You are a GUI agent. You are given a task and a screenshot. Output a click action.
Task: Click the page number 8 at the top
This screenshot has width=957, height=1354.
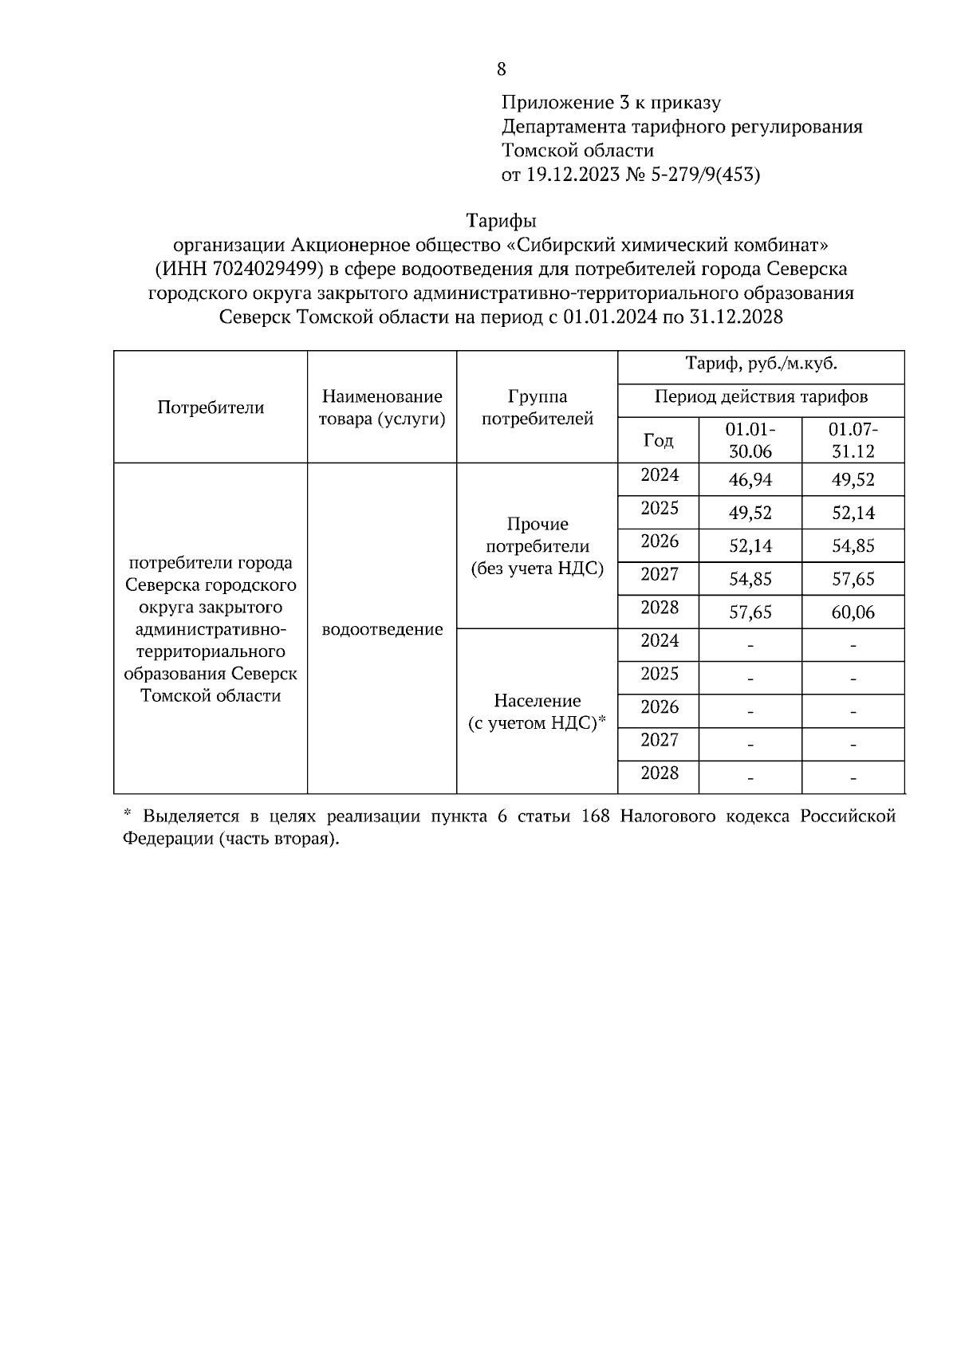[501, 69]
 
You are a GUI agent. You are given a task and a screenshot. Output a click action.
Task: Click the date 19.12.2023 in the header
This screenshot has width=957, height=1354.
[572, 175]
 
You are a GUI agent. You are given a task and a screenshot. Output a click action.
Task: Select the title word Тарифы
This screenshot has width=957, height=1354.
[501, 220]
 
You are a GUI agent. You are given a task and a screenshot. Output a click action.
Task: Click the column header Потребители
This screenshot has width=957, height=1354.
[211, 407]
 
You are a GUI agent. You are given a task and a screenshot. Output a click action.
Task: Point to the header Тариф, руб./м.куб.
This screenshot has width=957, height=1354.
[761, 364]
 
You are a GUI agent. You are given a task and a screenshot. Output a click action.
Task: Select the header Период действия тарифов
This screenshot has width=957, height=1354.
[761, 396]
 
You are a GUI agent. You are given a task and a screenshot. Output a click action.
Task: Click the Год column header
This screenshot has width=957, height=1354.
[658, 440]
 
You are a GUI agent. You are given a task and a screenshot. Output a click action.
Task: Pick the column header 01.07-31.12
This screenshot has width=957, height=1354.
[853, 440]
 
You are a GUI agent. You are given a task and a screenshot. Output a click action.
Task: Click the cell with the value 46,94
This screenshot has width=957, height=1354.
[750, 480]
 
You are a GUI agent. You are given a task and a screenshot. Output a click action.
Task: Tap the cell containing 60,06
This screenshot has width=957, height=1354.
[853, 612]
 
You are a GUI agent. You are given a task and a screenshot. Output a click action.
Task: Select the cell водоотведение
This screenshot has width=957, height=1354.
[382, 629]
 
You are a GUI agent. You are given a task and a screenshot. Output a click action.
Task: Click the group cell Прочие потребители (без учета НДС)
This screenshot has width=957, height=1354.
[537, 546]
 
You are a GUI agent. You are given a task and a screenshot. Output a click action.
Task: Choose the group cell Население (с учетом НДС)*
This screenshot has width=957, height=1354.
[537, 711]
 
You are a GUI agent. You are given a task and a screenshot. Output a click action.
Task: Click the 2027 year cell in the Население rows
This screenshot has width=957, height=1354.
[660, 740]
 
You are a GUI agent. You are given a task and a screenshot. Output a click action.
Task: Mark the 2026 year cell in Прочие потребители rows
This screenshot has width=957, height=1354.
[660, 541]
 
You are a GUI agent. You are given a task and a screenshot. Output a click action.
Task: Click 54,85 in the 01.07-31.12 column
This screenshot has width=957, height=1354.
[853, 546]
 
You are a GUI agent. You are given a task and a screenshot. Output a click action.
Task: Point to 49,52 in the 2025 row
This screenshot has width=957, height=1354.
[750, 514]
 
